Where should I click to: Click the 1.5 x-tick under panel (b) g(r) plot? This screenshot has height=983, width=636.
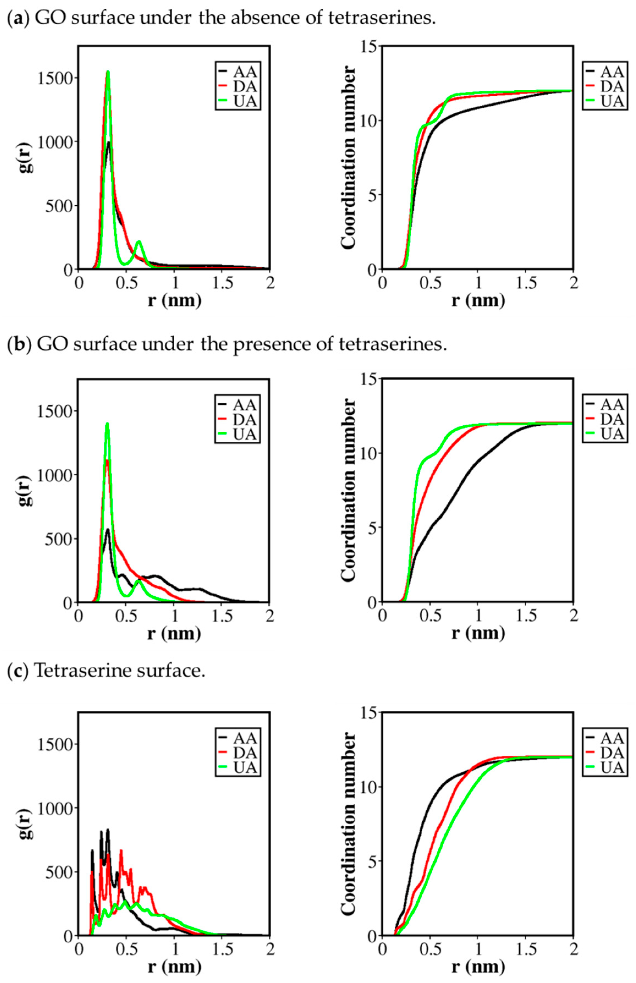tap(223, 616)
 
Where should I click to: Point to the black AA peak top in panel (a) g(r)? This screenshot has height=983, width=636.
tap(108, 143)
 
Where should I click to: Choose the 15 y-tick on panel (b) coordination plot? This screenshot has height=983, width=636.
tap(369, 379)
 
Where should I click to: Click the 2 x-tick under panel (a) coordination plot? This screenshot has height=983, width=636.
tap(573, 283)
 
